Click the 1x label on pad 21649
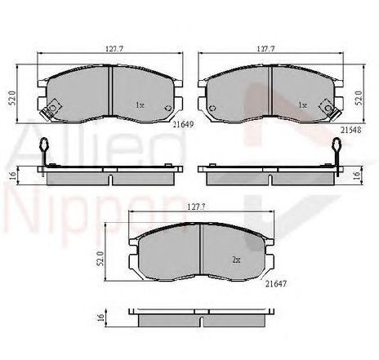pyautogui.click(x=139, y=104)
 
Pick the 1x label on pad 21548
pyautogui.click(x=302, y=104)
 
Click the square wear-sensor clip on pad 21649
pyautogui.click(x=55, y=107)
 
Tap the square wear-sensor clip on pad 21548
pyautogui.click(x=329, y=105)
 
